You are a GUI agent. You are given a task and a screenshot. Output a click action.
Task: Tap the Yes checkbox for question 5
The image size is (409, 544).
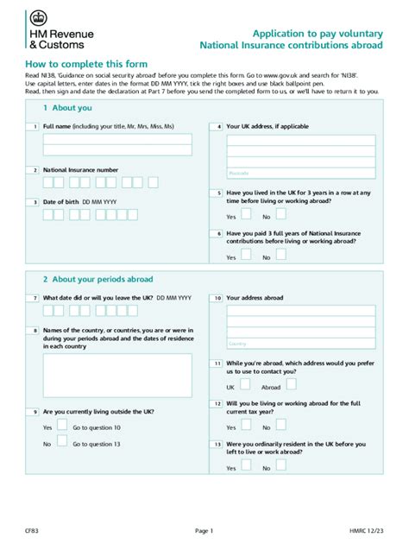[x=246, y=215]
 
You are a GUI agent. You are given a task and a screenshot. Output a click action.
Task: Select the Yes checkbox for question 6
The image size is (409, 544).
[x=246, y=255]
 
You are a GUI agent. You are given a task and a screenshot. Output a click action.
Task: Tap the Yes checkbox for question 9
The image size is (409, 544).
[x=61, y=427]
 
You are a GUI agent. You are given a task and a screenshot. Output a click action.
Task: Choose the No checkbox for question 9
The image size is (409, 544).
[x=61, y=443]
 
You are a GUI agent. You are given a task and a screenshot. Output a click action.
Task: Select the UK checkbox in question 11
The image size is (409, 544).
[x=246, y=386]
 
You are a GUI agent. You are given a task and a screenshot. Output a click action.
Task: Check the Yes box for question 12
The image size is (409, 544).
[x=246, y=427]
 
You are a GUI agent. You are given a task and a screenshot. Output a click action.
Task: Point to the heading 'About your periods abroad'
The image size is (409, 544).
[x=98, y=280]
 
